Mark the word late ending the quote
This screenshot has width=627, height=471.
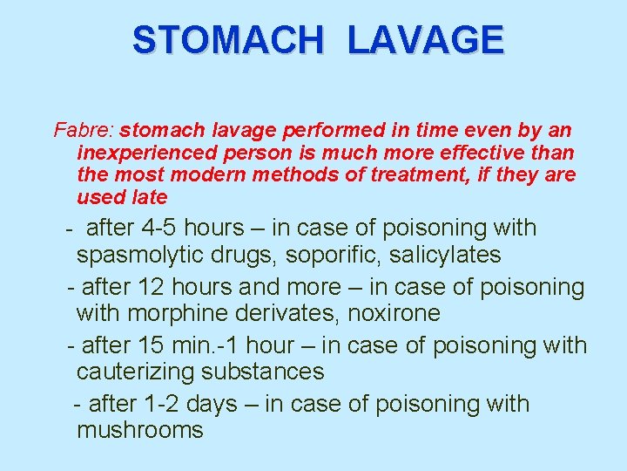pyautogui.click(x=147, y=197)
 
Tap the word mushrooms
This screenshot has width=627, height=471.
pyautogui.click(x=140, y=430)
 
